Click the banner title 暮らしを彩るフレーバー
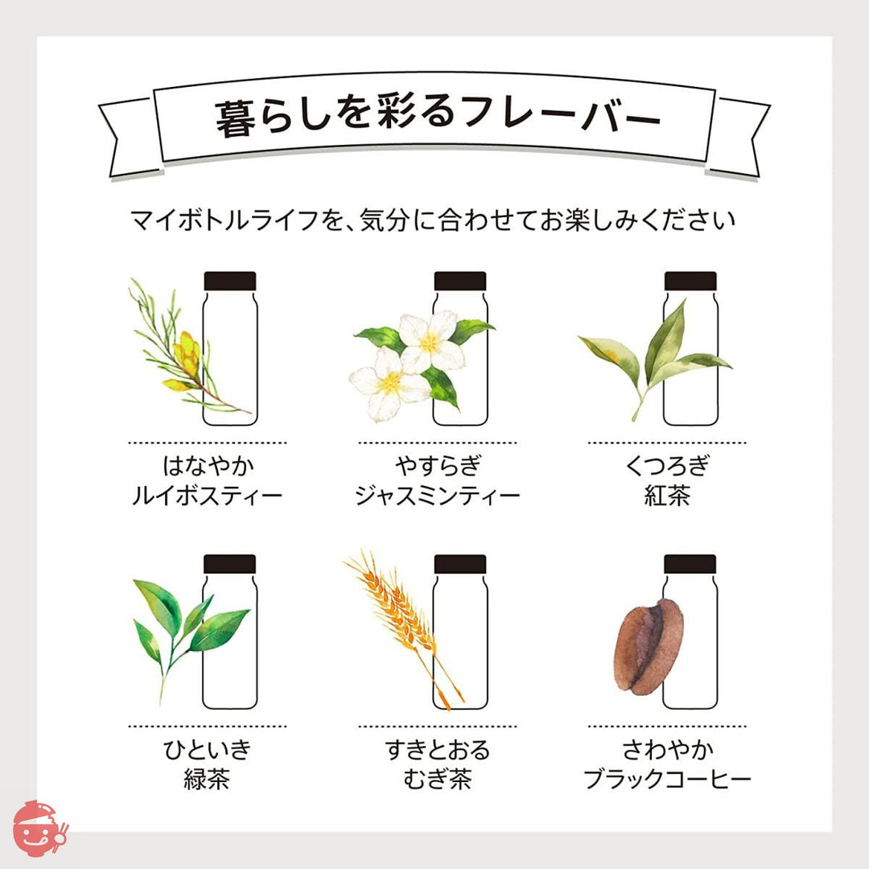pos(437,118)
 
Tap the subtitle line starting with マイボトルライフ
pos(433,220)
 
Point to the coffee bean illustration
pos(648,647)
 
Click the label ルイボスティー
pos(208,496)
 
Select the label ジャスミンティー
pos(437,496)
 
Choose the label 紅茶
pos(667,496)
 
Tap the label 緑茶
pos(208,779)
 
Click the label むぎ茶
pos(437,779)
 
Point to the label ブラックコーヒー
pos(667,779)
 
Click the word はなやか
pos(208,466)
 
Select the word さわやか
pos(668,749)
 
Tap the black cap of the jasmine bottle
pos(460,281)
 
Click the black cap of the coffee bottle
pos(690,563)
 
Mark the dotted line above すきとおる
pos(437,726)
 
